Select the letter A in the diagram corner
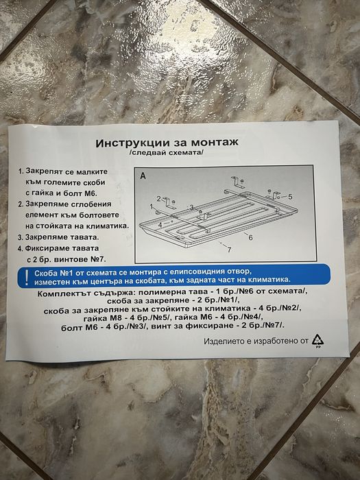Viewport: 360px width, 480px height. [x=143, y=176]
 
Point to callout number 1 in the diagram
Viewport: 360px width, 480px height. [x=152, y=206]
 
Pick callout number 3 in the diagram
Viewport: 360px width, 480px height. [x=192, y=206]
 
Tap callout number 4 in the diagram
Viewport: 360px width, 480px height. [x=160, y=224]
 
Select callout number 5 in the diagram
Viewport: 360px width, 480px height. [x=290, y=197]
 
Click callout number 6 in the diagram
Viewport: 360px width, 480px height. [x=250, y=237]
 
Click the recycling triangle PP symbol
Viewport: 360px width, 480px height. [x=317, y=339]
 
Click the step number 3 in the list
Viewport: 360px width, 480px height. [x=21, y=236]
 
